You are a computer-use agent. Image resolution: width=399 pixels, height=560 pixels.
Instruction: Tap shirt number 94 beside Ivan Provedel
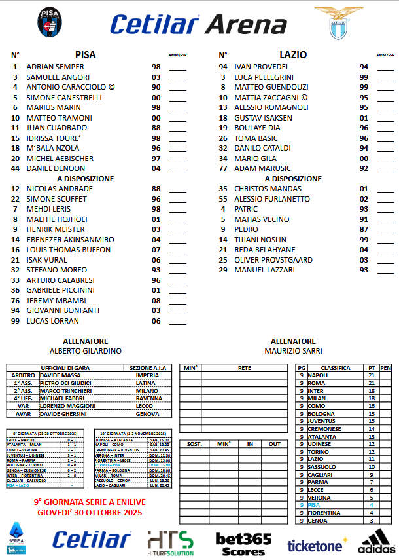tap(223, 67)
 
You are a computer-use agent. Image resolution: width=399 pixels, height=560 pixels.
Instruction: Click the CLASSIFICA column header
tap(335, 368)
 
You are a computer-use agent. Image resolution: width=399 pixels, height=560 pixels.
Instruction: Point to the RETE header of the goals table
tap(244, 368)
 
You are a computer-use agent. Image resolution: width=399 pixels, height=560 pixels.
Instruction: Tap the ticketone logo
tap(316, 545)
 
